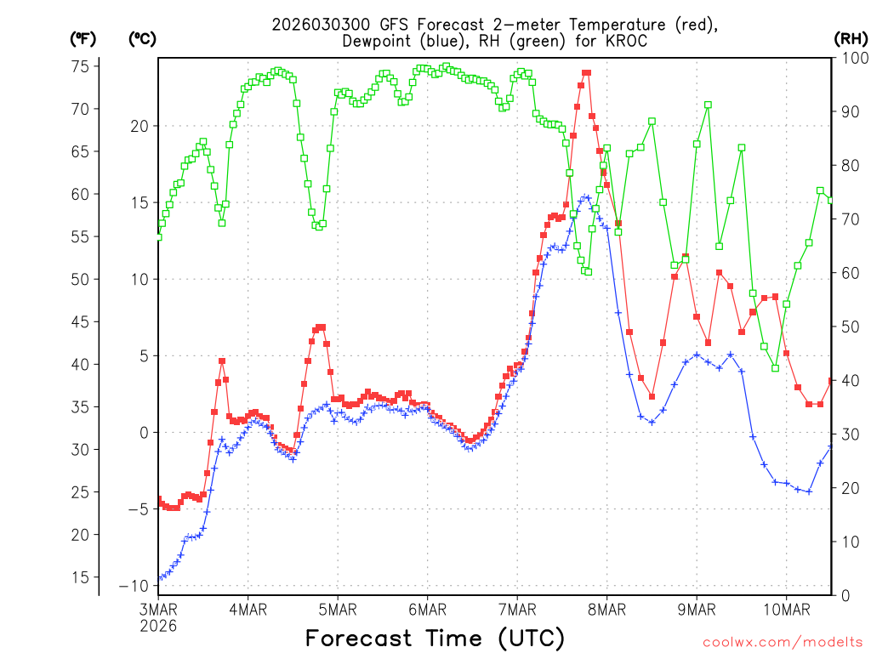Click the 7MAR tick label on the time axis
(x=516, y=609)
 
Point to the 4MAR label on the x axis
(x=248, y=609)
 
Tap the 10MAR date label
(x=786, y=609)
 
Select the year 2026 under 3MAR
(x=158, y=625)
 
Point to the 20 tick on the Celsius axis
(x=139, y=126)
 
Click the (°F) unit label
(x=83, y=38)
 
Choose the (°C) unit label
(x=142, y=38)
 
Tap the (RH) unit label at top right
(x=850, y=38)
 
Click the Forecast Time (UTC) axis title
(x=435, y=638)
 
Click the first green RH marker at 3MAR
(x=158, y=236)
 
